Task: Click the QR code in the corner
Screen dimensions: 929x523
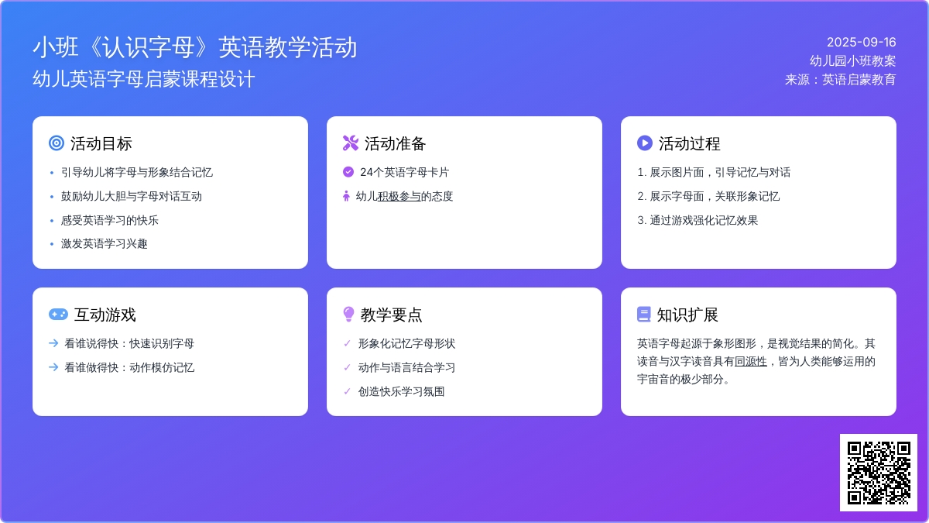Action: coord(879,473)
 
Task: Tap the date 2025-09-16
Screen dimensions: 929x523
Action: coord(861,43)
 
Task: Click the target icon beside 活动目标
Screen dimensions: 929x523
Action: coord(57,143)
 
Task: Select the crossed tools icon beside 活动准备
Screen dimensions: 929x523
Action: coord(351,143)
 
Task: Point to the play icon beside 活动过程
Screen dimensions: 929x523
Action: coord(644,143)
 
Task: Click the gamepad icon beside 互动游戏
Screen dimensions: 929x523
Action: coord(58,315)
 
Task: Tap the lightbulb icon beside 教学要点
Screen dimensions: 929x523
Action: coord(349,315)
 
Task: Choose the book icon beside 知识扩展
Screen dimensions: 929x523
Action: coord(643,315)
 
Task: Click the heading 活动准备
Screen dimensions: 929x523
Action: coord(395,143)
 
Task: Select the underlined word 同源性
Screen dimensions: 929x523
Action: coord(751,362)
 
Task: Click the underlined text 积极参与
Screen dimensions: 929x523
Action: coord(399,196)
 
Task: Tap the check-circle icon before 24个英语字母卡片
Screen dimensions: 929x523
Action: coord(348,172)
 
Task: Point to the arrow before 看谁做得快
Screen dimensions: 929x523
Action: coord(53,367)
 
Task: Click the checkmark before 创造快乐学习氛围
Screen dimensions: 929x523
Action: coord(347,391)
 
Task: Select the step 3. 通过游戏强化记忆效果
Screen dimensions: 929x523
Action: coord(698,220)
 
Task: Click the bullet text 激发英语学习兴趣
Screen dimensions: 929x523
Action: coord(104,243)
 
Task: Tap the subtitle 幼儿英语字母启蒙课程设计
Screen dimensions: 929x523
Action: coord(143,79)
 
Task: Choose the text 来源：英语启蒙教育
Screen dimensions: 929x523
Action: coord(840,80)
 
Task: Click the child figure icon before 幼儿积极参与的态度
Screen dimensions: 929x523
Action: coord(346,196)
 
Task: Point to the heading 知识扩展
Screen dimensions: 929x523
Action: coord(687,315)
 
